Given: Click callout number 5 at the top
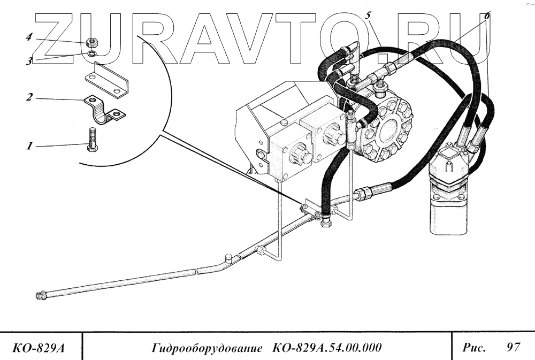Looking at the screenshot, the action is tap(369, 16).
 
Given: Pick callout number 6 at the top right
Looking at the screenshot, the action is tap(486, 16).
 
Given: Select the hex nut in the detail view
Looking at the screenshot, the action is tap(92, 42).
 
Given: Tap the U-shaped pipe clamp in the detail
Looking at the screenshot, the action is tap(104, 111).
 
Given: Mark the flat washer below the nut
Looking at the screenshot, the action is tap(92, 53).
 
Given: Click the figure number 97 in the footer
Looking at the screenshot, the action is tap(513, 348).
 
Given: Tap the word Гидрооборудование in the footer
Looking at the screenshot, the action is tap(207, 348).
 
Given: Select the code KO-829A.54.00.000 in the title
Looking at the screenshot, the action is tap(326, 348).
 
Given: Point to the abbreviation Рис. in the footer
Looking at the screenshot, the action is tap(474, 348).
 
